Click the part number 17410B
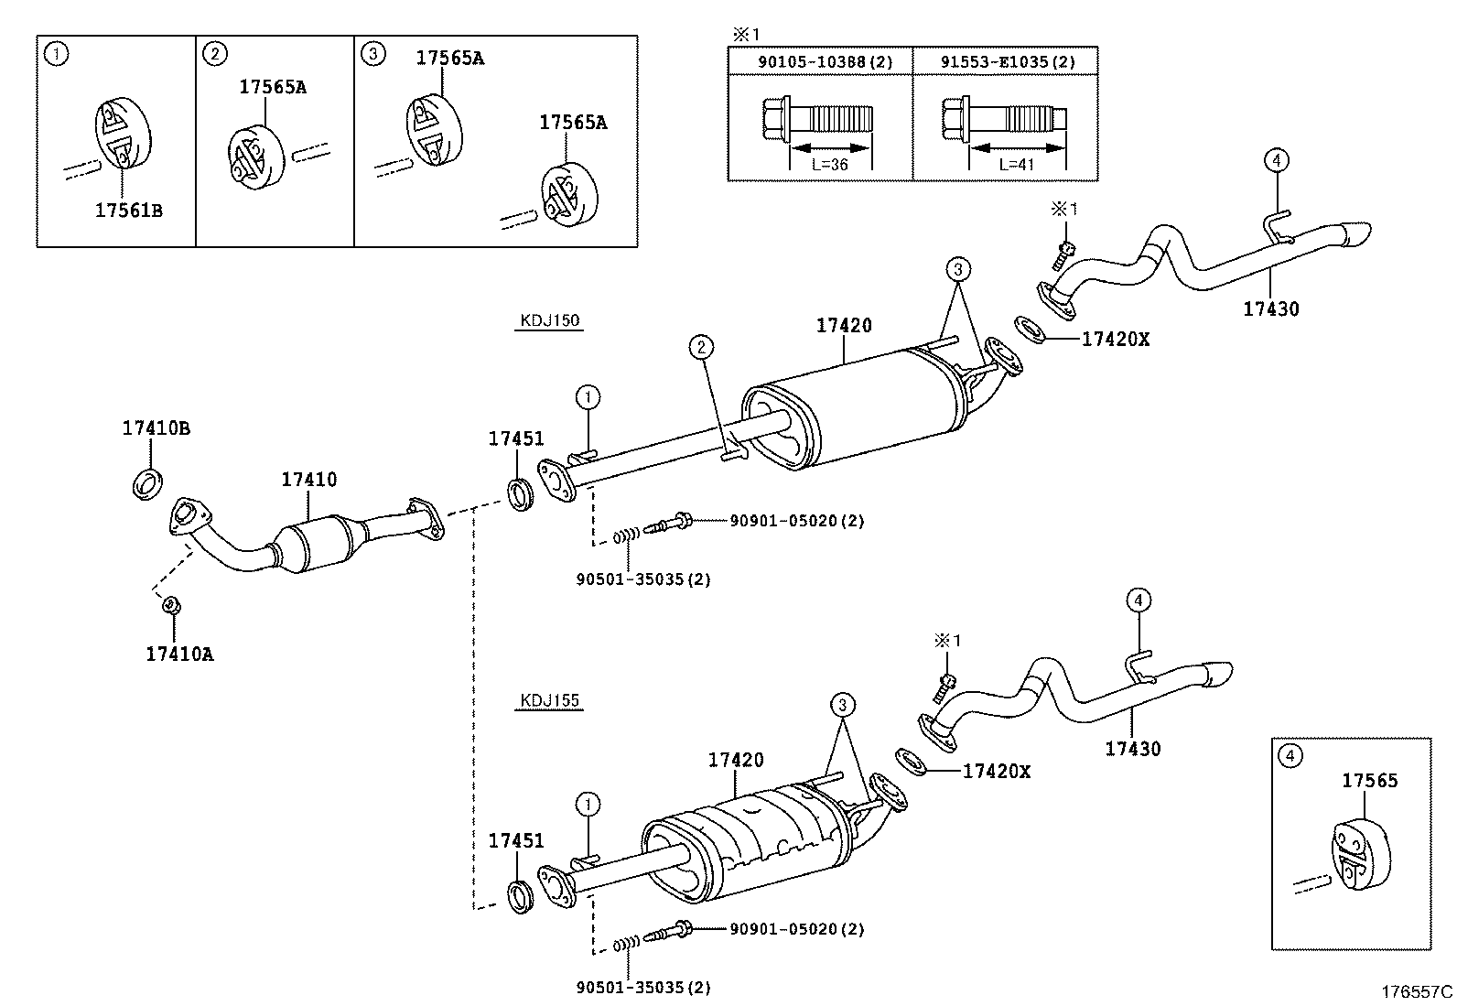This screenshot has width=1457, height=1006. coord(156,428)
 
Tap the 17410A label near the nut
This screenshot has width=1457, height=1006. coord(179,654)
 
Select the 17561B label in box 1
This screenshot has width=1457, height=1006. coord(129,211)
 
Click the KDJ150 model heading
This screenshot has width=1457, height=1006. coord(550,320)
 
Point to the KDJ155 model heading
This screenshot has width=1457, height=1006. coord(550,700)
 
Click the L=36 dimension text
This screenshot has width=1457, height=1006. coord(830,165)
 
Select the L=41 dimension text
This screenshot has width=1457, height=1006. coord(1017,165)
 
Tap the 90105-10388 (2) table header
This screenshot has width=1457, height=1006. coord(826,62)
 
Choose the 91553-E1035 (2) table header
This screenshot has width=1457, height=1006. coord(1008,62)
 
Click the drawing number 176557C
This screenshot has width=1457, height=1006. coord(1417,991)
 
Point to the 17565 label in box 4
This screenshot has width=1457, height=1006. coord(1370,780)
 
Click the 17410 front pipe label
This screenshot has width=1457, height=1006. coord(309,480)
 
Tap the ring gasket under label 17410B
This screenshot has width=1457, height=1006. coord(147,483)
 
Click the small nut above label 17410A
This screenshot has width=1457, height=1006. coord(172,605)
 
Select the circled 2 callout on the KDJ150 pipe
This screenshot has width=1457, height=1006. coord(701,347)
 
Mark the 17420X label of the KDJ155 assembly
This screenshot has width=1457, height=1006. coord(997,771)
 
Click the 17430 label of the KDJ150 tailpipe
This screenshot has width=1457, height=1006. coord(1271,308)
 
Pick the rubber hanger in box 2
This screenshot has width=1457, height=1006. coord(256,157)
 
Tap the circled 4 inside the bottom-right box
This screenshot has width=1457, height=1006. coord(1290,755)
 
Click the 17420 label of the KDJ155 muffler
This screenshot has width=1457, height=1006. coord(736,760)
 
